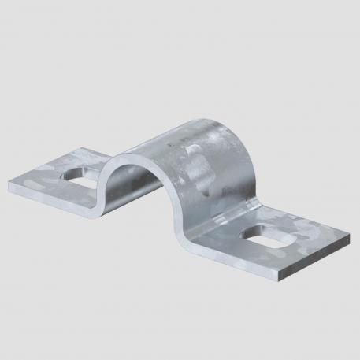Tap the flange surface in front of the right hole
pos(260,260)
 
